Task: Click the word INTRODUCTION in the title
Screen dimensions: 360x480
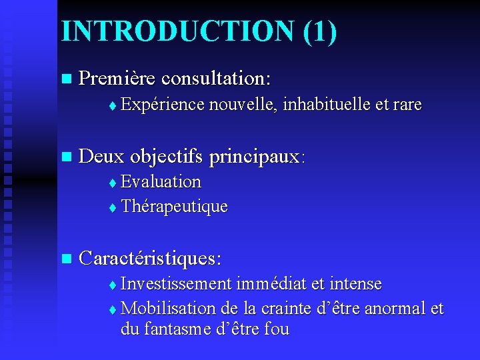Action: pyautogui.click(x=173, y=31)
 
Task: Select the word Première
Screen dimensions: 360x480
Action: pyautogui.click(x=117, y=79)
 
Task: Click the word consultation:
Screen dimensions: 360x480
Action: pyautogui.click(x=216, y=79)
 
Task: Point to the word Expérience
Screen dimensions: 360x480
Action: pyautogui.click(x=163, y=104)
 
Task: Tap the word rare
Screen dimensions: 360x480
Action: pyautogui.click(x=407, y=104)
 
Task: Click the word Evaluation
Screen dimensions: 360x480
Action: pyautogui.click(x=161, y=181)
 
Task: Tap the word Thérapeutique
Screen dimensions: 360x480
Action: pyautogui.click(x=175, y=207)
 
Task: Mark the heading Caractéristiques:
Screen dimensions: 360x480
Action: pyautogui.click(x=150, y=258)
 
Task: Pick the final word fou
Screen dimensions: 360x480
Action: pyautogui.click(x=276, y=330)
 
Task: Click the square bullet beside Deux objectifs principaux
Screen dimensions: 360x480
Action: pyautogui.click(x=65, y=157)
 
